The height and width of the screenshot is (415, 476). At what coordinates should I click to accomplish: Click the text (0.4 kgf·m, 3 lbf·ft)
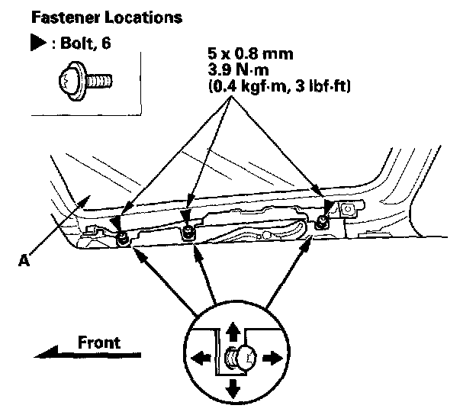coord(278,88)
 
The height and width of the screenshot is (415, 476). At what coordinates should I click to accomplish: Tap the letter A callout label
coord(25,261)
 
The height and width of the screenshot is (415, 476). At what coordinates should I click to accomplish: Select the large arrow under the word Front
coord(88,355)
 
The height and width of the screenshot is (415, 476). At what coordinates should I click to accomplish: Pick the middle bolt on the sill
coord(187,231)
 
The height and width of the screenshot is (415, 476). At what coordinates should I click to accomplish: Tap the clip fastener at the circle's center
coord(238,357)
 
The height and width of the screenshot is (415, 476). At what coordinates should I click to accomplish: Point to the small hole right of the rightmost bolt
coord(347,207)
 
